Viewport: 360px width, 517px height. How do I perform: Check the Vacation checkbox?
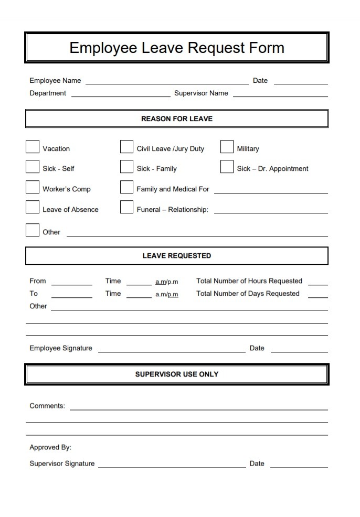click(33, 147)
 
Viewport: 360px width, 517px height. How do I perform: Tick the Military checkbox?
click(227, 147)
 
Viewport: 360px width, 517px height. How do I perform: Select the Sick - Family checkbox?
click(126, 167)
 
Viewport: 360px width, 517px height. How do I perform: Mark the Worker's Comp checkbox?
click(33, 187)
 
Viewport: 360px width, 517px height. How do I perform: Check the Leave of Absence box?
click(33, 207)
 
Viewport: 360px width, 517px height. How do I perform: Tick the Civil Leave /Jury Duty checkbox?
click(126, 147)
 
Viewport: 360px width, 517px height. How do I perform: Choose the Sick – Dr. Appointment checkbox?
click(227, 167)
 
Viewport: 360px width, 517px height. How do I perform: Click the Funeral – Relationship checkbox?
click(126, 207)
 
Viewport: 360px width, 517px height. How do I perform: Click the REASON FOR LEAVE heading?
click(177, 119)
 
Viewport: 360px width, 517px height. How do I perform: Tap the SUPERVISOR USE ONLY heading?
click(177, 374)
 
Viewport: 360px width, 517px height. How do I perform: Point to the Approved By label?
click(50, 447)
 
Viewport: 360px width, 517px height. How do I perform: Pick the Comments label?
click(47, 406)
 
